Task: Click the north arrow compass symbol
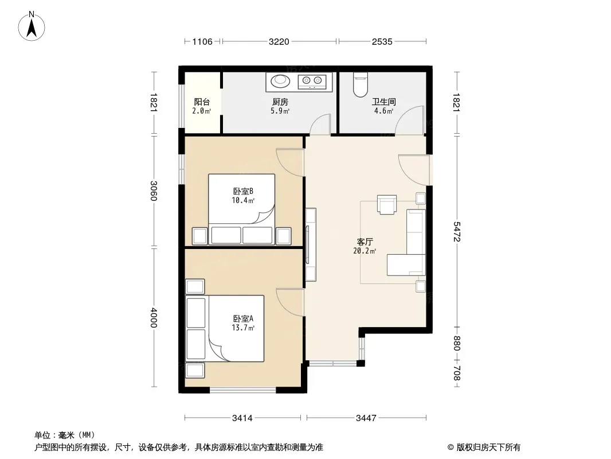tap(32, 26)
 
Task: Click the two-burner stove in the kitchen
tap(312, 81)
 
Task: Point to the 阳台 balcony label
tap(202, 102)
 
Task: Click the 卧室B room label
tap(243, 192)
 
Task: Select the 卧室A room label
tap(243, 319)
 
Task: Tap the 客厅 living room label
tap(365, 242)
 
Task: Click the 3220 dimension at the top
tap(279, 42)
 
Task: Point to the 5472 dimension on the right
tap(457, 232)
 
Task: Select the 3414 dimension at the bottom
tap(242, 418)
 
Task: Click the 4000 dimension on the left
tap(154, 318)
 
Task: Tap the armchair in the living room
tap(387, 204)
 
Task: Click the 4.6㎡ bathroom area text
tap(384, 111)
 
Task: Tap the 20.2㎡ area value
tap(365, 251)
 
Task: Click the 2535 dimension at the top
tap(382, 42)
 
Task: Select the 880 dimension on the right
tap(457, 344)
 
